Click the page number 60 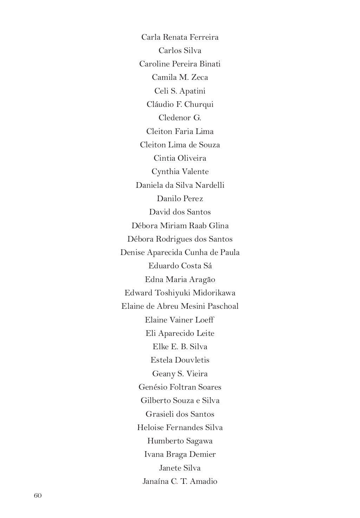[38, 495]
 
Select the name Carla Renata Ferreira [180, 37]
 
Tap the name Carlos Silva [180, 51]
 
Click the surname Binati [210, 64]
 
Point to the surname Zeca [200, 77]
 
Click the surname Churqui [199, 104]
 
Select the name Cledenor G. [180, 118]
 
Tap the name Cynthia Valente [180, 172]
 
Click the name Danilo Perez [180, 199]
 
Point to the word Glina [218, 226]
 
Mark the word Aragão [202, 280]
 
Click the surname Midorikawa [214, 293]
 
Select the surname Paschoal [223, 306]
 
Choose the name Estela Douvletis [180, 360]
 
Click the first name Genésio [153, 387]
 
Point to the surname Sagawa [199, 441]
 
